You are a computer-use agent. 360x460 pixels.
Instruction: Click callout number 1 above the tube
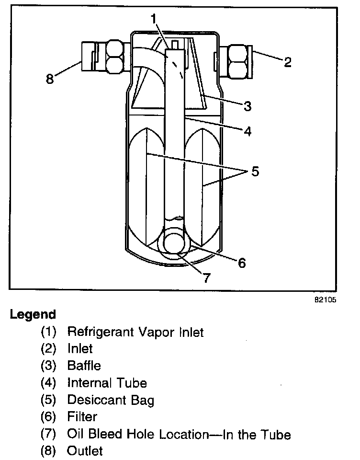(x=154, y=19)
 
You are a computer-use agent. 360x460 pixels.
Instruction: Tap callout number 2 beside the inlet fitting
(x=287, y=62)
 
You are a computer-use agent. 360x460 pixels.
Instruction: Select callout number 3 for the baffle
(x=247, y=106)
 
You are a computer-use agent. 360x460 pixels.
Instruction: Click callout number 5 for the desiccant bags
(x=255, y=171)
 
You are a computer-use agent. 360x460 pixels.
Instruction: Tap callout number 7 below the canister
(x=207, y=278)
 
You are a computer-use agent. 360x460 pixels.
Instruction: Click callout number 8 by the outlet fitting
(x=50, y=79)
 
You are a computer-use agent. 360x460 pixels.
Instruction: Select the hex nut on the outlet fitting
(x=114, y=57)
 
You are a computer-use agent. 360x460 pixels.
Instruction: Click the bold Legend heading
(x=33, y=315)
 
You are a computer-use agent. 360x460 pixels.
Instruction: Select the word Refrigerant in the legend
(x=97, y=332)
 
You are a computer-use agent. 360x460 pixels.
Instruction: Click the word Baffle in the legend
(x=84, y=366)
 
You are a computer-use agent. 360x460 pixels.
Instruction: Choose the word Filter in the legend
(x=82, y=417)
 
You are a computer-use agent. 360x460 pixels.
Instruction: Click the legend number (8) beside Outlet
(x=49, y=451)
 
